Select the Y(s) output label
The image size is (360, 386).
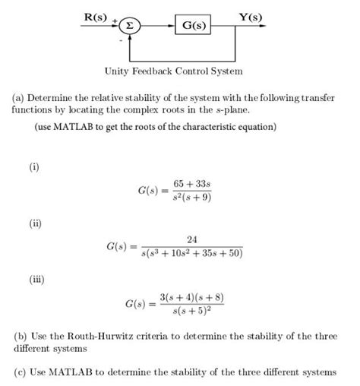point(248,15)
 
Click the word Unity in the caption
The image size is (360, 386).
point(118,71)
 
